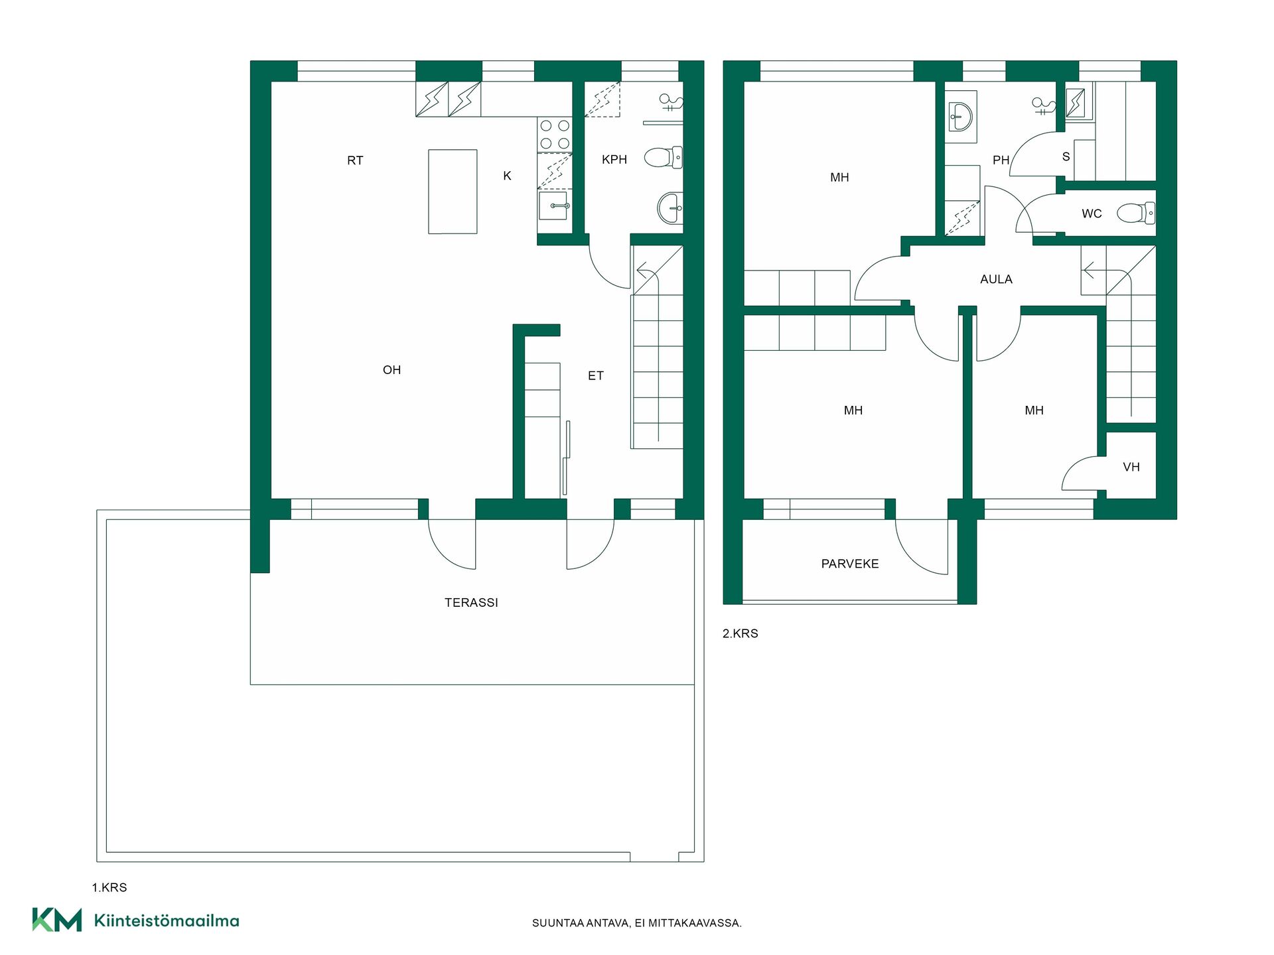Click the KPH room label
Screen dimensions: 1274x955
tap(614, 159)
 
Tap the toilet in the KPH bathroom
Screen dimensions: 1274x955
tap(663, 158)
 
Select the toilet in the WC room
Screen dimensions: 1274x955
tap(1136, 213)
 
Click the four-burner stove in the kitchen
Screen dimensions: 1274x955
tap(555, 135)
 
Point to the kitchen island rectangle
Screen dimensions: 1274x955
tap(453, 192)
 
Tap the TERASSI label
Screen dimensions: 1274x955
tap(471, 602)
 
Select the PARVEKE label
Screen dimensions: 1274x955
tap(850, 564)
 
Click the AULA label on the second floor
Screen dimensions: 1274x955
tap(996, 279)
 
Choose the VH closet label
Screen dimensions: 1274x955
tap(1131, 467)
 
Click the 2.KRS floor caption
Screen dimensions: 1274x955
tap(741, 633)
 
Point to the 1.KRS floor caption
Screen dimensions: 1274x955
tap(109, 887)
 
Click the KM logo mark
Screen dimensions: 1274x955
tap(57, 920)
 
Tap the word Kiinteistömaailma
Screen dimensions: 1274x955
tap(167, 921)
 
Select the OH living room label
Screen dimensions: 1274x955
tap(391, 370)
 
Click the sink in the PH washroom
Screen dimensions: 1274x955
tap(960, 117)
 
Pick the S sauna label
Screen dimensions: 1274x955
tap(1066, 157)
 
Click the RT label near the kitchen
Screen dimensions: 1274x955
tap(355, 160)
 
